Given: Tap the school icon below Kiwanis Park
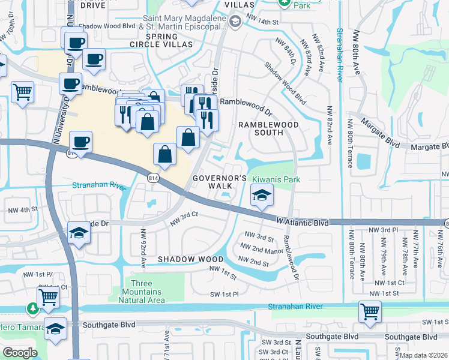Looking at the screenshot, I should point(262,196).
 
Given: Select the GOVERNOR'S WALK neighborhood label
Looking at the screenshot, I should point(220,182).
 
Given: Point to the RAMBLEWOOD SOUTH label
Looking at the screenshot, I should point(268,129).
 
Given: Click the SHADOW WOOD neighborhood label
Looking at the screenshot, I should point(185,259).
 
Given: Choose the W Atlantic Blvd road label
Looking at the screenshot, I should point(303,223).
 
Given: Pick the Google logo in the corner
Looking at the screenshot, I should point(20,352).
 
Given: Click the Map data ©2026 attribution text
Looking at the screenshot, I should point(423,355).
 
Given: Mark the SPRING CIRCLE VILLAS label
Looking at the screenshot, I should point(161,40).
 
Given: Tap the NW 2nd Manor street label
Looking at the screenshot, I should point(262,248).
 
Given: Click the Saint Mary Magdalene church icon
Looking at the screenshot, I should point(236,23).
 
